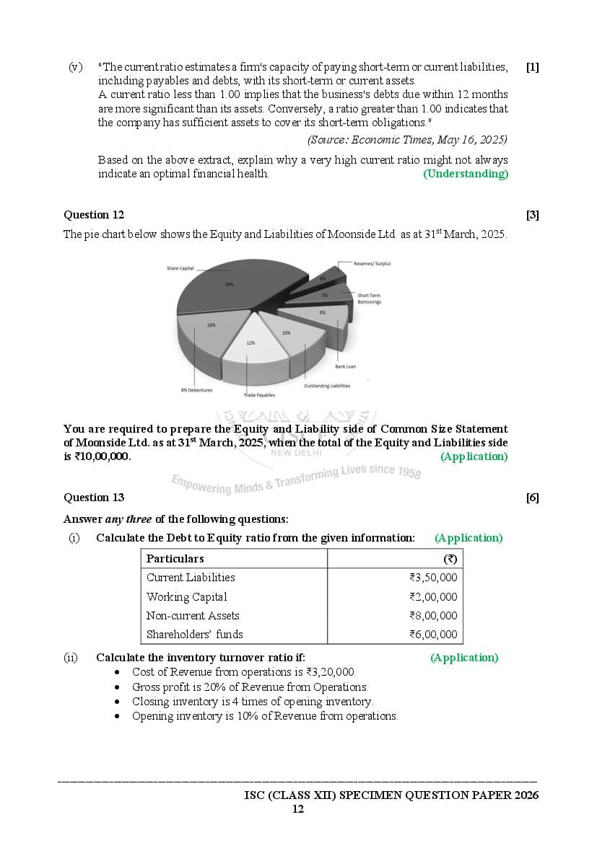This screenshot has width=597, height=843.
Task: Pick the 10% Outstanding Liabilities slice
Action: [x=289, y=335]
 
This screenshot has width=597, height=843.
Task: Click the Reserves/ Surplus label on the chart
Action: [x=372, y=264]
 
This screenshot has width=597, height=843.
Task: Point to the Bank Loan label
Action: [x=345, y=366]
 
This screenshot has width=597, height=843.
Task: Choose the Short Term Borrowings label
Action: [x=369, y=299]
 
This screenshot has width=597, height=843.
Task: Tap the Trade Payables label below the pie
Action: [x=258, y=395]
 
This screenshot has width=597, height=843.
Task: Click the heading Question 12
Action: [x=94, y=215]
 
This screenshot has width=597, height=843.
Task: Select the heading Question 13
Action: [x=94, y=498]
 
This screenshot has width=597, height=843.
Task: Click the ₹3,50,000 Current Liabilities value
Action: [x=432, y=578]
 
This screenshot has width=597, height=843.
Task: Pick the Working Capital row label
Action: [x=186, y=597]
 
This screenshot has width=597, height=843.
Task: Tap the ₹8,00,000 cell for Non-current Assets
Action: [x=432, y=616]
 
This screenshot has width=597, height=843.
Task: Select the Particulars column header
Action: [x=175, y=559]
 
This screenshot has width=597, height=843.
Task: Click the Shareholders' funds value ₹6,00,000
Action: [x=432, y=635]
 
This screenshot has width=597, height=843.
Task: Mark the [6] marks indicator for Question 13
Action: [x=532, y=498]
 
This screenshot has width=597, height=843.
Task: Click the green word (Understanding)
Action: [x=465, y=174]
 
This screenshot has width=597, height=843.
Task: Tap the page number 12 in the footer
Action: [x=297, y=809]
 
